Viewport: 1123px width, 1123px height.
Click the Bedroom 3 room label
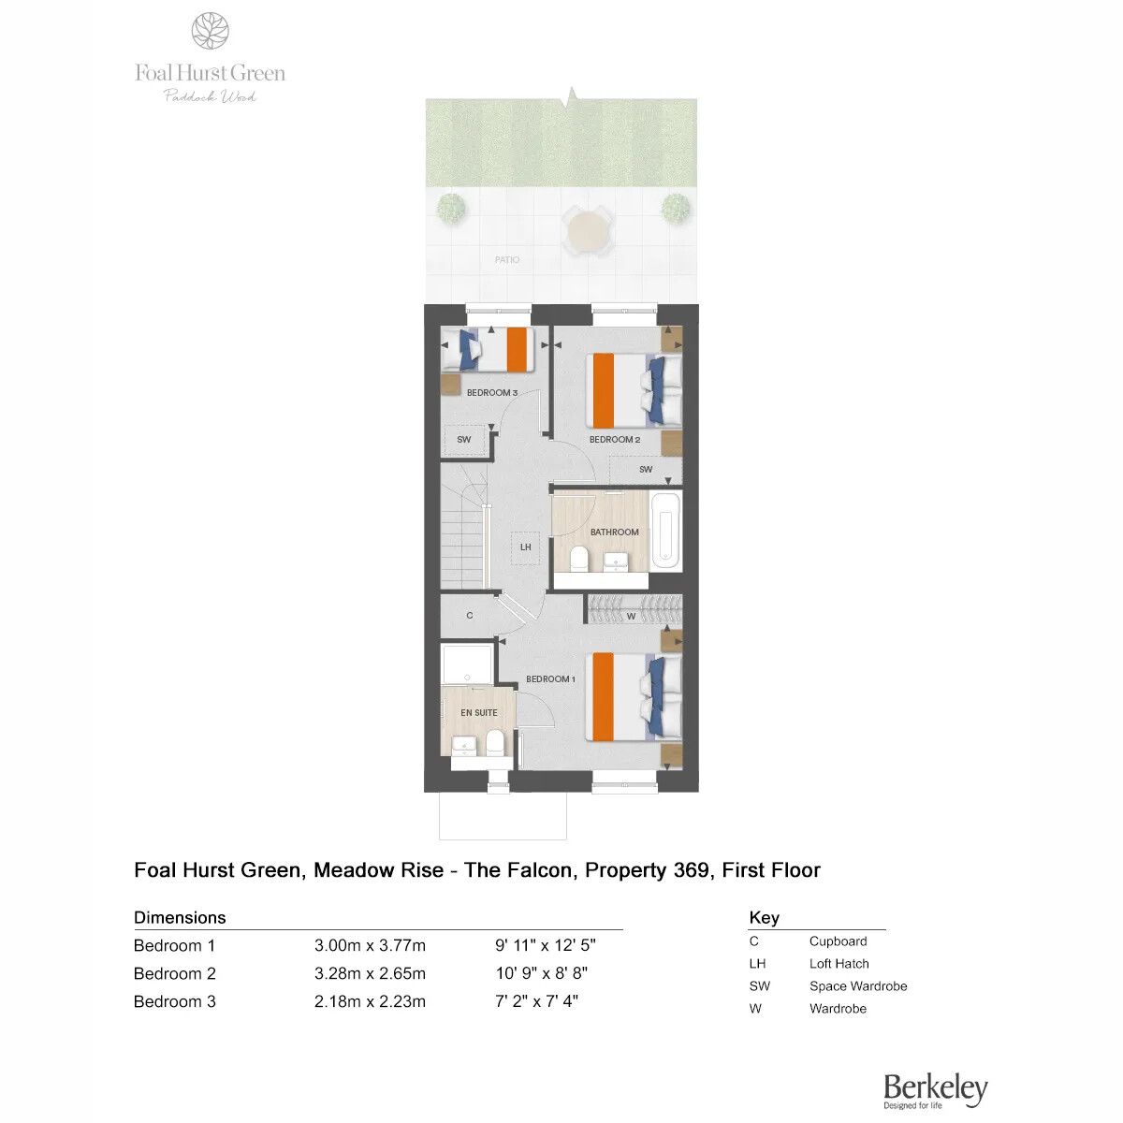[x=492, y=393]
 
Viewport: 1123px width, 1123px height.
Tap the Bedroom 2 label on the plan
[x=614, y=440]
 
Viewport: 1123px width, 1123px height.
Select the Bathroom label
[x=614, y=532]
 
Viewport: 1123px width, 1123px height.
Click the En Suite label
[x=478, y=713]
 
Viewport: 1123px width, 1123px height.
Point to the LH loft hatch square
[x=525, y=547]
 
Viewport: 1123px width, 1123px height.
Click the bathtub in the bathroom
[x=665, y=532]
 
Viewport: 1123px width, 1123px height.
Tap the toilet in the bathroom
[x=578, y=559]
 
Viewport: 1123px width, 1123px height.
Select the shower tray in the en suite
[x=467, y=664]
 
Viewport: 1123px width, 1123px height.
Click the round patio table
[x=587, y=231]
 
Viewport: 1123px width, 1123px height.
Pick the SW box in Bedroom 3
[x=464, y=440]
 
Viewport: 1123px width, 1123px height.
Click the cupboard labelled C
[x=469, y=616]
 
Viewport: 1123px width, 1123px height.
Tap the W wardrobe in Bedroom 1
[x=634, y=609]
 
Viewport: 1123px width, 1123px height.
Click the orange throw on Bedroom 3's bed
[x=517, y=349]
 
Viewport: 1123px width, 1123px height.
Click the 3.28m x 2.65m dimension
[x=370, y=973]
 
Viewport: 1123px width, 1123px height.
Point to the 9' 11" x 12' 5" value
[x=546, y=945]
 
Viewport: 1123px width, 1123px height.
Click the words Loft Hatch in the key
[x=839, y=964]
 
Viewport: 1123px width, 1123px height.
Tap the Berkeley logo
[x=935, y=1090]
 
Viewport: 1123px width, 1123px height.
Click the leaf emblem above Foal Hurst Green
[x=210, y=31]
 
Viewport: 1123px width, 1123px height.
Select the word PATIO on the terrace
[x=507, y=260]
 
